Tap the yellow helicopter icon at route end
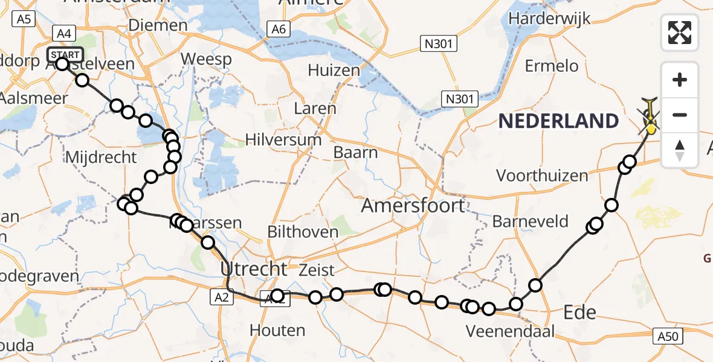[x=651, y=120]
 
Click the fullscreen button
[x=680, y=33]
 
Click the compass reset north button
[x=680, y=150]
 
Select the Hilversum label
[x=283, y=140]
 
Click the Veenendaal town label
[x=509, y=331]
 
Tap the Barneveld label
[x=531, y=221]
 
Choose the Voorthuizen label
[x=542, y=176]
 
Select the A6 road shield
[x=278, y=29]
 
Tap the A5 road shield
[x=24, y=19]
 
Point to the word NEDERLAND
[x=558, y=121]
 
